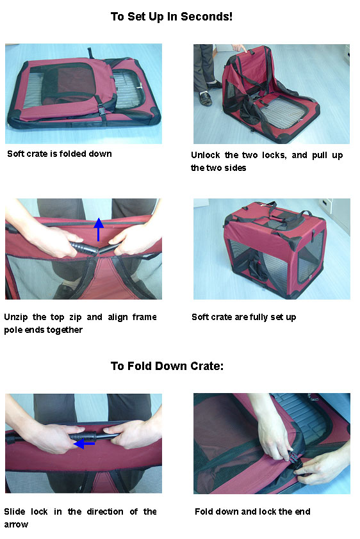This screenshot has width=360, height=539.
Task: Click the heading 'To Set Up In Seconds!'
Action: coord(171,17)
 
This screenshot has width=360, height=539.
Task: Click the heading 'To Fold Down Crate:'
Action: coord(167,366)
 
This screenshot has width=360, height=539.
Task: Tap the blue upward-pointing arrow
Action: coord(98,229)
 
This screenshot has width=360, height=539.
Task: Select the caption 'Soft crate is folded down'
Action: coord(59,154)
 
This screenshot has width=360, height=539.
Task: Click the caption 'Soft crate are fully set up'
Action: coord(243,317)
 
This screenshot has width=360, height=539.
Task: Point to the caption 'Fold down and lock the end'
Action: coord(253,512)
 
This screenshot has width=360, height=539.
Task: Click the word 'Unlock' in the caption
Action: coord(204,156)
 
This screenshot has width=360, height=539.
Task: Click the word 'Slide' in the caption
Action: coord(15,511)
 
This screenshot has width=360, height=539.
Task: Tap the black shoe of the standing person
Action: coord(205,99)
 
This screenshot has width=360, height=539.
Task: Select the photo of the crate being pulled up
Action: coord(272,93)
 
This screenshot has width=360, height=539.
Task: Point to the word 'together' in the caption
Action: coord(67,330)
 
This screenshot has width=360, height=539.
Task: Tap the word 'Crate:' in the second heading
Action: coord(206,366)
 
